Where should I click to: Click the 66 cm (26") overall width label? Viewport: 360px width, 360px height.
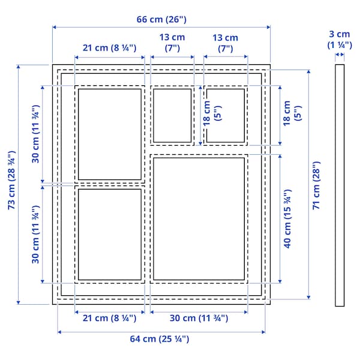[161, 19]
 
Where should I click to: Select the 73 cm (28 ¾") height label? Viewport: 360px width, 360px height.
[11, 184]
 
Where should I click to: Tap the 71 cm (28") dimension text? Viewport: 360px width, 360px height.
[317, 184]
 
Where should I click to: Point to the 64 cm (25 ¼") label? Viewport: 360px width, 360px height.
[160, 339]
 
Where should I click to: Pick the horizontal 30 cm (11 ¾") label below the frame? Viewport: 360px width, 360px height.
[198, 319]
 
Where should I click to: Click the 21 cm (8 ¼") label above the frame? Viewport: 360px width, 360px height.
[110, 48]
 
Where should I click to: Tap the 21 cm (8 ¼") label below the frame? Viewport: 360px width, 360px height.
[110, 319]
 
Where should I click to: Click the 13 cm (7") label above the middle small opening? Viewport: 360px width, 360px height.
[172, 43]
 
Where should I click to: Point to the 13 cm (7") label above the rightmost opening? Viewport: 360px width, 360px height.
[226, 43]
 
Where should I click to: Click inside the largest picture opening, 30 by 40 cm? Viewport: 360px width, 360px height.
[199, 218]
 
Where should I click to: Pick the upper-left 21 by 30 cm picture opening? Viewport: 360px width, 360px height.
[110, 134]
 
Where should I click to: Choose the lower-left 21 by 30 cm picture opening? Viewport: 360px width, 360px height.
[110, 235]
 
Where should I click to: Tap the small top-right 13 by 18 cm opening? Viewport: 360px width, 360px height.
[226, 115]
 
